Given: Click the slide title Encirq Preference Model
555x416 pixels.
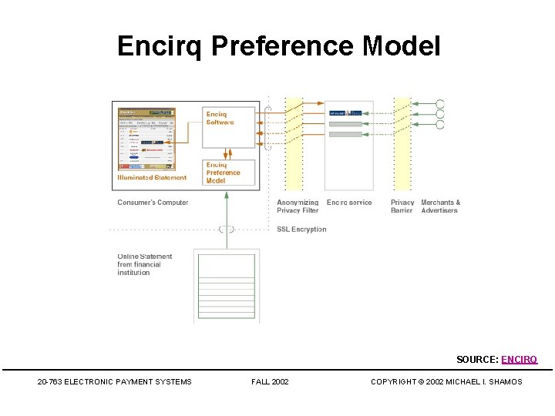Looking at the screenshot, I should (x=278, y=46).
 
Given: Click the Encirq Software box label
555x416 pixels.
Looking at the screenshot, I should (x=220, y=118).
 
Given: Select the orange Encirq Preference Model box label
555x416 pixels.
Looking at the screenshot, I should (x=223, y=173).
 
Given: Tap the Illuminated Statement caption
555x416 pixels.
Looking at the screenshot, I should (x=152, y=178).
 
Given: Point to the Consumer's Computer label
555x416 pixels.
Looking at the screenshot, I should (x=153, y=203).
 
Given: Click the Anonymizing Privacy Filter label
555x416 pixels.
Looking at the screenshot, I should (x=298, y=206).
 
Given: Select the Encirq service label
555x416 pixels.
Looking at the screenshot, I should (x=348, y=203).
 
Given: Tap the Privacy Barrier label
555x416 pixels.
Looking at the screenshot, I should (x=402, y=206).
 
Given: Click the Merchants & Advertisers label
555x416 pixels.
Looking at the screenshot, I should (x=440, y=206).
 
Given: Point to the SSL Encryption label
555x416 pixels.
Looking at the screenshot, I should (x=301, y=229).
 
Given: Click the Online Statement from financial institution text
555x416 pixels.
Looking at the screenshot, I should (x=145, y=264).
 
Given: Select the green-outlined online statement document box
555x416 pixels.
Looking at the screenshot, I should (x=226, y=285).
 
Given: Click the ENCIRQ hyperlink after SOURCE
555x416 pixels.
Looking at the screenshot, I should (x=519, y=359).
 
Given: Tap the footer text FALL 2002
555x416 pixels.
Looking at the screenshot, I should (x=270, y=381).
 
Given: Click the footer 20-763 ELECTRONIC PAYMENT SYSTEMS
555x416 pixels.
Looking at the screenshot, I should (x=114, y=381).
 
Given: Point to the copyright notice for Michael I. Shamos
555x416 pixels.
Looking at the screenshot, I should (x=446, y=381).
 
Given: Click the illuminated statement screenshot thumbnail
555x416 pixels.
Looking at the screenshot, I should (x=146, y=139).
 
